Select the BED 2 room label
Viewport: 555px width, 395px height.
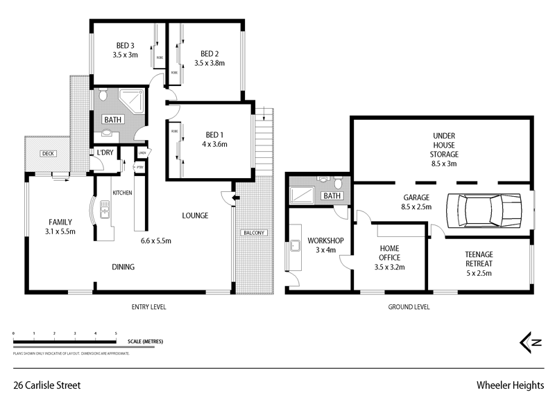tap(210, 53)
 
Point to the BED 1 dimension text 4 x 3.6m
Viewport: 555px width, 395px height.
tap(215, 144)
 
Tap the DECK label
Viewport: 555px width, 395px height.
tap(47, 154)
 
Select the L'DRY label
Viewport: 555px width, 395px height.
tap(105, 152)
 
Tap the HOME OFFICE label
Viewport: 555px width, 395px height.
tap(388, 252)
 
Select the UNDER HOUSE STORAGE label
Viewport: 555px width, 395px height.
tap(445, 145)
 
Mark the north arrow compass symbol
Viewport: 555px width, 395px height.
tap(531, 342)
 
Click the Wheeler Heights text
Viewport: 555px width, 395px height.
tap(509, 383)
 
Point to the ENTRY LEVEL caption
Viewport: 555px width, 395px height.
tap(148, 306)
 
